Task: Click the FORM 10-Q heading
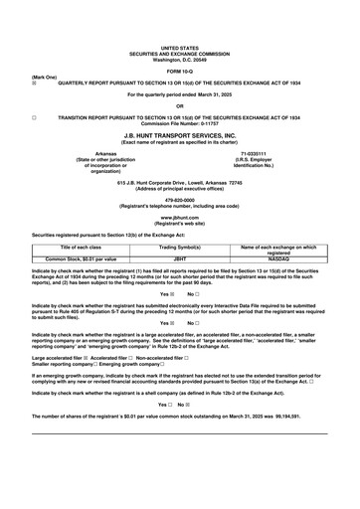tap(180, 71)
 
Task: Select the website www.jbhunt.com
tap(180, 215)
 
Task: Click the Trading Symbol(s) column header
tap(180, 246)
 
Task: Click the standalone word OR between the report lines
tap(180, 105)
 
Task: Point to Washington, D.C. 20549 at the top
tap(180, 59)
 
